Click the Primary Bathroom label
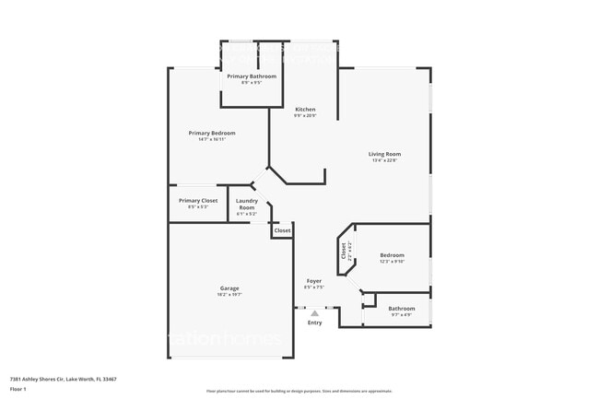click(252, 76)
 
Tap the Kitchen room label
click(305, 110)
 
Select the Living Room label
click(385, 154)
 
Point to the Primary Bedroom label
click(206, 134)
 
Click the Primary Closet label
click(198, 200)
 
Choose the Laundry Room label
click(246, 204)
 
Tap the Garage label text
click(229, 288)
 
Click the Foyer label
click(314, 281)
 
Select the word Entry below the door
click(315, 323)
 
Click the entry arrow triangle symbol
click(314, 313)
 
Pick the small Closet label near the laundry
click(282, 230)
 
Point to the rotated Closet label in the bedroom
click(345, 250)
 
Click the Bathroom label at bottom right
click(401, 308)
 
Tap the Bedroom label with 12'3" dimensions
click(392, 255)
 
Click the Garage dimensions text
click(229, 295)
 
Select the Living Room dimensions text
click(385, 160)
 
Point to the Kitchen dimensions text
click(305, 116)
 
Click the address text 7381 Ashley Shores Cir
click(63, 379)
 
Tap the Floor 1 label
click(18, 390)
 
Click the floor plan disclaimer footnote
click(299, 391)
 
